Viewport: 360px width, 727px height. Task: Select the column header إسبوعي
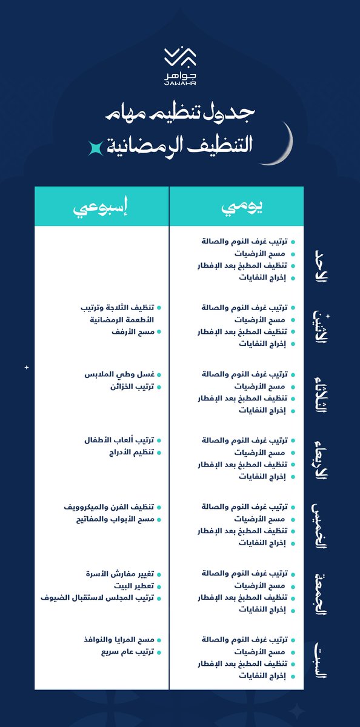pyautogui.click(x=101, y=207)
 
